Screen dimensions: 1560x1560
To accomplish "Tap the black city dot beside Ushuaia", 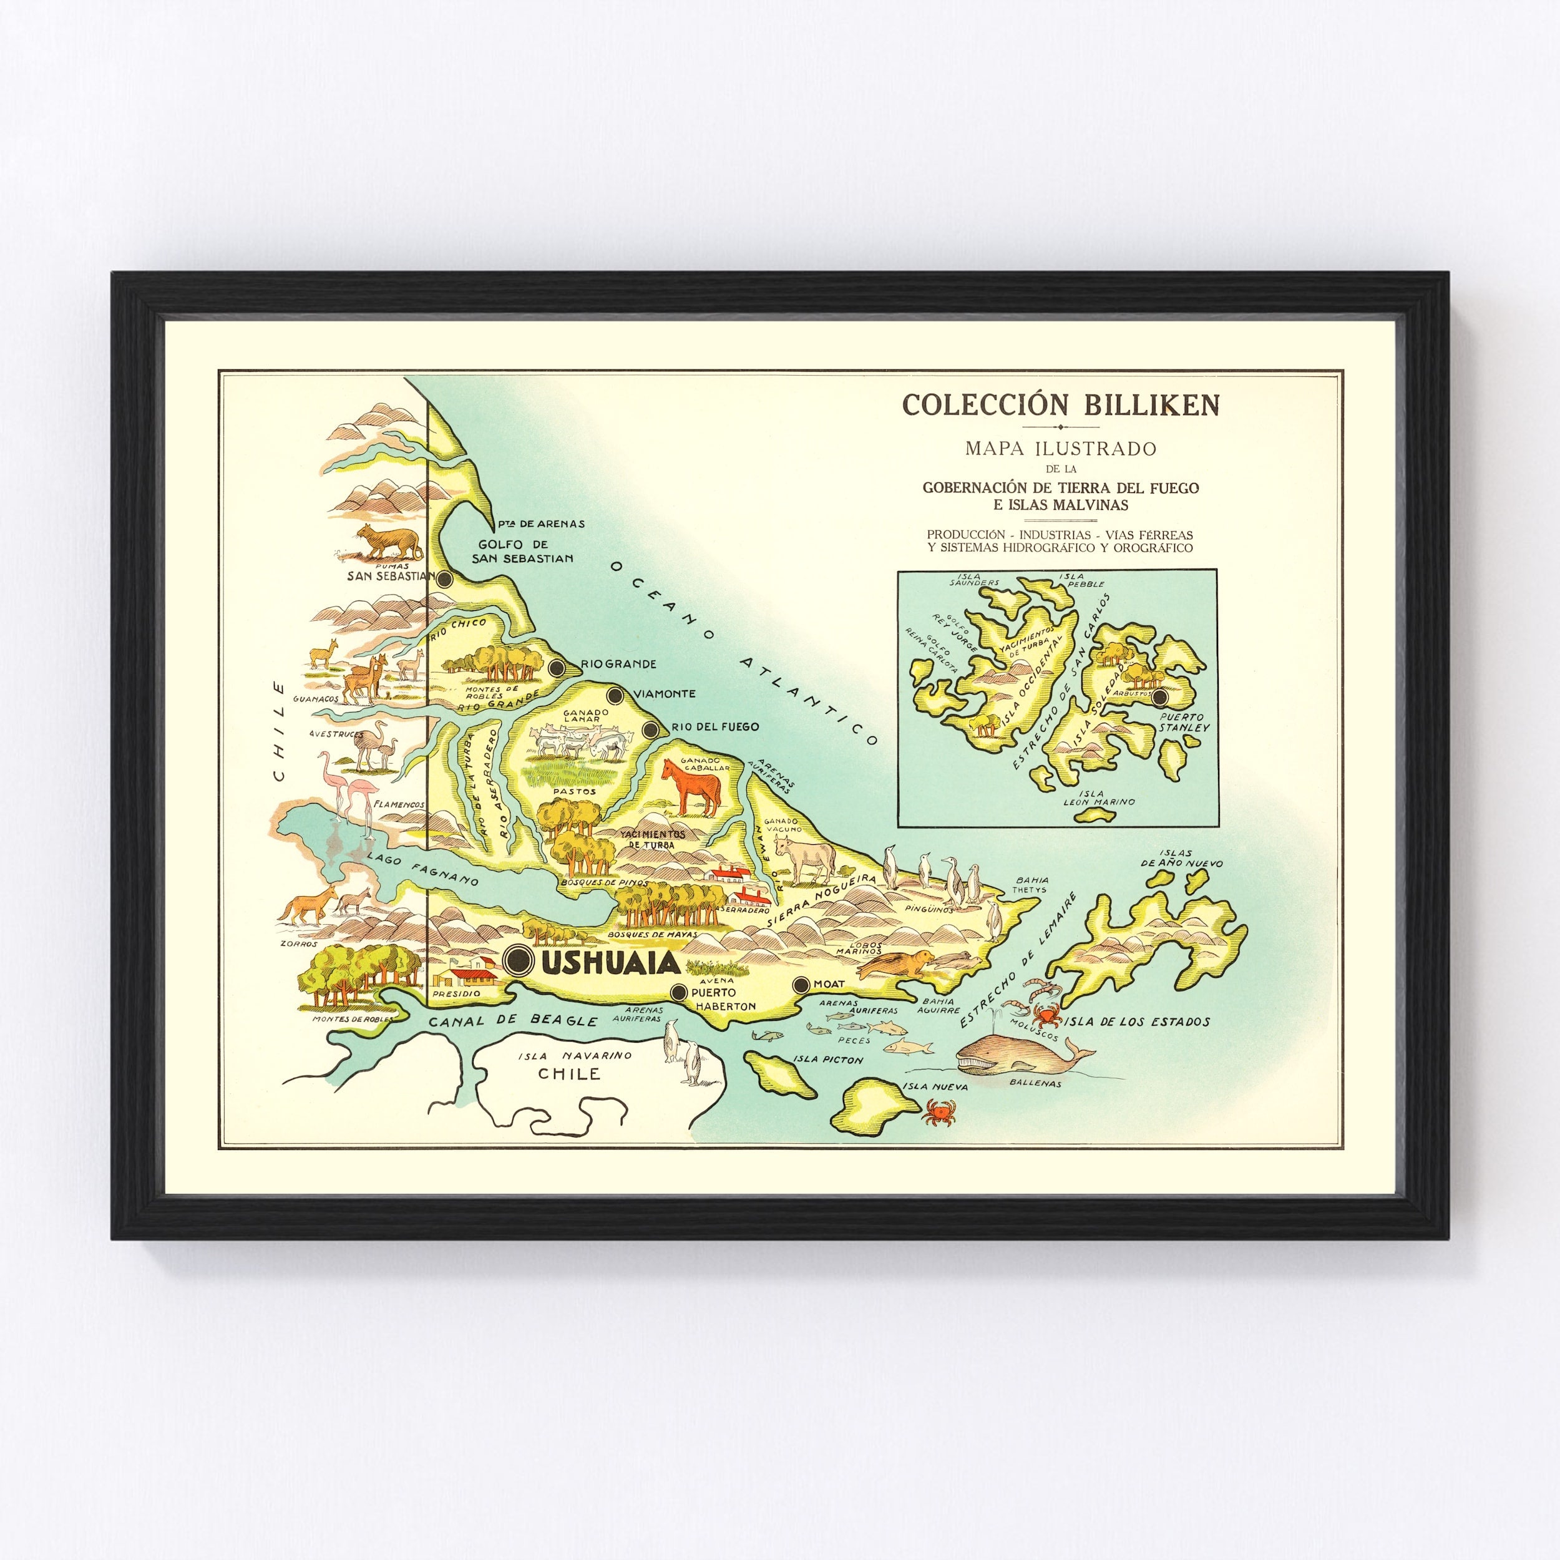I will pyautogui.click(x=517, y=959).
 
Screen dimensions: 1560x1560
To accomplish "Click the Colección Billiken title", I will pyautogui.click(x=1061, y=404).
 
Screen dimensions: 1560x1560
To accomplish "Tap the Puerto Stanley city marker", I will pyautogui.click(x=1160, y=697).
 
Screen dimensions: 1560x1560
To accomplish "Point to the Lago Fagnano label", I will pyautogui.click(x=422, y=869).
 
